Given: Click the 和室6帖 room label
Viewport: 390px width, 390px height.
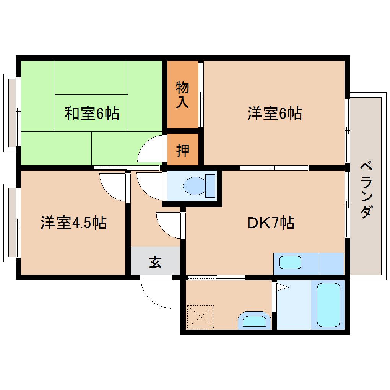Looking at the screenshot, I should tap(91, 114).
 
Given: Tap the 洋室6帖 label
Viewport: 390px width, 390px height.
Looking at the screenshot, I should tap(274, 114).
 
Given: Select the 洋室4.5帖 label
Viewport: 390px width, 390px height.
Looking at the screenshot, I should tap(73, 223).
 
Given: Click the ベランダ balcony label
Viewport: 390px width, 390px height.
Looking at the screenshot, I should tap(366, 190).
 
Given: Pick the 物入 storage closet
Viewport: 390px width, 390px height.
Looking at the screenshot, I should tap(183, 94).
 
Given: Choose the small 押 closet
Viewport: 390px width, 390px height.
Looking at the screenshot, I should tap(183, 149).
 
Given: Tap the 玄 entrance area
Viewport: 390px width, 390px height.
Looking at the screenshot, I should tap(155, 262).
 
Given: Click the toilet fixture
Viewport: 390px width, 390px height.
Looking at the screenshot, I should tap(199, 186).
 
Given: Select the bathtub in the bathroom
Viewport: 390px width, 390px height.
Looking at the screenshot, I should tap(328, 304).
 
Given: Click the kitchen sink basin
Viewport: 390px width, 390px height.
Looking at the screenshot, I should tap(290, 263).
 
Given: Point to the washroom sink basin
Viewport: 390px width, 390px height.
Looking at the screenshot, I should tap(253, 320).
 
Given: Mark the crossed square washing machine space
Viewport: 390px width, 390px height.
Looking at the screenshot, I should tap(200, 316).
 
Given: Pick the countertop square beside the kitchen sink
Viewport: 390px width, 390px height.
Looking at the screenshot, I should tap(331, 263).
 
